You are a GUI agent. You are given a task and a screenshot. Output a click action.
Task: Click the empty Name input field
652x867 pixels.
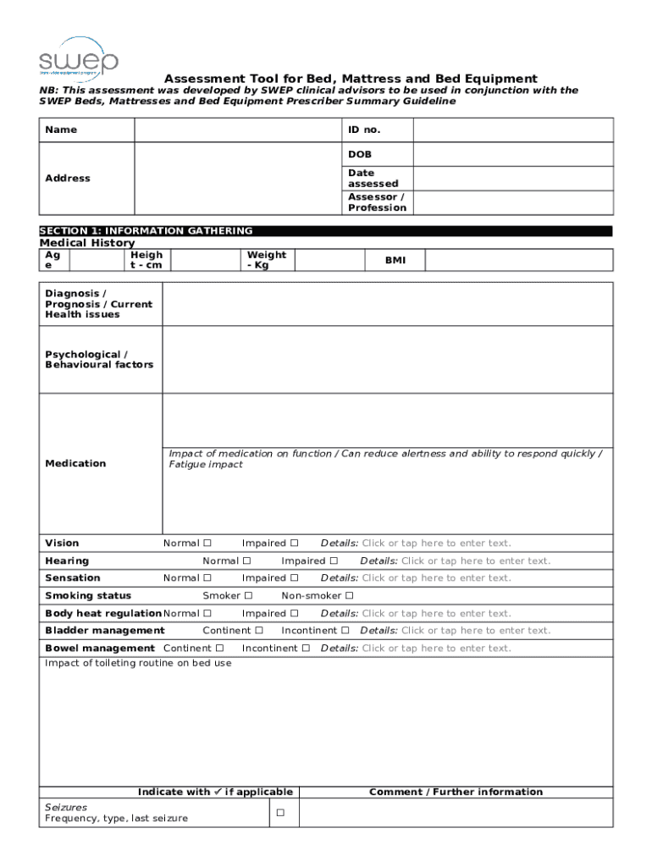[x=237, y=130]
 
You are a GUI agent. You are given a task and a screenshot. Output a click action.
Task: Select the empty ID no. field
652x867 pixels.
[x=512, y=130]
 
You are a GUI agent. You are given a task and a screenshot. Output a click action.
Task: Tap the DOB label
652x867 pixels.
[x=360, y=155]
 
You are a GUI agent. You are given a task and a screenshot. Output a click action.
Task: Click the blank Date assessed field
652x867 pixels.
[x=512, y=178]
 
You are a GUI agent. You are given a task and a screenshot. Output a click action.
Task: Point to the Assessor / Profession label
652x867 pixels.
[x=376, y=202]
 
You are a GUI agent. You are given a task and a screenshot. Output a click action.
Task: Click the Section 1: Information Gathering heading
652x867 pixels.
[x=146, y=230]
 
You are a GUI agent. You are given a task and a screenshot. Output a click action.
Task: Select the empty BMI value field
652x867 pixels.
[x=518, y=260]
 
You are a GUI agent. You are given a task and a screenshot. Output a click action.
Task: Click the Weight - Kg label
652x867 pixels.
[x=266, y=260]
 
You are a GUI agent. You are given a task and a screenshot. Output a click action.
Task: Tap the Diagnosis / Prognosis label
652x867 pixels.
[x=98, y=304]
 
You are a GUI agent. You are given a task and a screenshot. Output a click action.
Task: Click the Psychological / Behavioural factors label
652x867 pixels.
[x=99, y=360]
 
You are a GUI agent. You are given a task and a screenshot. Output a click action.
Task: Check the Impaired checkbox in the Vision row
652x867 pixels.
[x=295, y=544]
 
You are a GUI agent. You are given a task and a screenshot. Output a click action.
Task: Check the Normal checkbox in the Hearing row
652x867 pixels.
[x=247, y=561]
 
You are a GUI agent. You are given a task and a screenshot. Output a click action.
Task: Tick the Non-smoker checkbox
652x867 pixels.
[x=349, y=596]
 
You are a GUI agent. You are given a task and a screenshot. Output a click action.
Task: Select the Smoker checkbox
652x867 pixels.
[x=249, y=596]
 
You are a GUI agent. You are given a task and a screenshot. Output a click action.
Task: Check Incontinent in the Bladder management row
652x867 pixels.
[x=345, y=631]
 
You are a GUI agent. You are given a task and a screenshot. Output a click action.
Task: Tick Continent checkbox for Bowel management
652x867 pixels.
[x=220, y=649]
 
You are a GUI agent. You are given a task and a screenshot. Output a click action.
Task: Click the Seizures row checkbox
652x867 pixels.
[x=279, y=814]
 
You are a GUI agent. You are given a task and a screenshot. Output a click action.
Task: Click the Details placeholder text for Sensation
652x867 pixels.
[x=436, y=578]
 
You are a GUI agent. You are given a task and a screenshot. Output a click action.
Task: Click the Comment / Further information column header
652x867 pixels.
[x=456, y=792]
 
